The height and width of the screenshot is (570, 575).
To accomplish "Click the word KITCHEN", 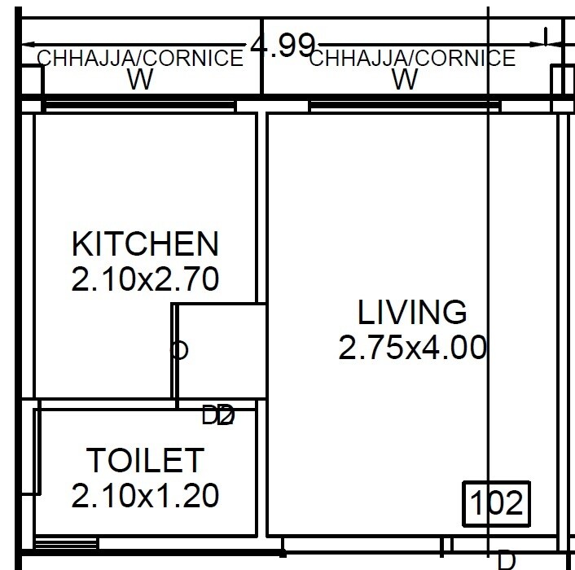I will tap(145, 243).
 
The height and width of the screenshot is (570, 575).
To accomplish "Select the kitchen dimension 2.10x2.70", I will tap(145, 279).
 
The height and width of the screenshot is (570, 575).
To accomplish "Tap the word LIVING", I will tap(412, 312).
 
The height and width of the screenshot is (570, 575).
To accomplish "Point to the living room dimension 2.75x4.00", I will tap(412, 348).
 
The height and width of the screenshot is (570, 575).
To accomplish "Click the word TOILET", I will tap(145, 460).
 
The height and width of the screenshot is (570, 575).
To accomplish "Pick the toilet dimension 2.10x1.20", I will tap(145, 495).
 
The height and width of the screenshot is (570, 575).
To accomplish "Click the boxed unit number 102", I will tap(496, 503).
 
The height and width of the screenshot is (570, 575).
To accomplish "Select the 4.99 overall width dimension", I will tap(283, 46).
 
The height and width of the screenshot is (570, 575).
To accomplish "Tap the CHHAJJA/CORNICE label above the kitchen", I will tap(140, 59).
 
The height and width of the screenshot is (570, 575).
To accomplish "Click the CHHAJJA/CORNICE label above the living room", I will tap(412, 59).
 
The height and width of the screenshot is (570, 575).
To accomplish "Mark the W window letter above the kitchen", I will tap(140, 80).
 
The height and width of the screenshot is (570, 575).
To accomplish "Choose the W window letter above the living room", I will tap(405, 80).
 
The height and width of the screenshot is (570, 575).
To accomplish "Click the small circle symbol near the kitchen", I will tap(179, 350).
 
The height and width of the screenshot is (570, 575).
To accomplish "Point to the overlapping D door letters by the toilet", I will tap(218, 415).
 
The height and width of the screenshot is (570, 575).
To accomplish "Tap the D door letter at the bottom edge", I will tap(506, 560).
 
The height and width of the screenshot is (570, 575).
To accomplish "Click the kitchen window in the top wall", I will tap(140, 106).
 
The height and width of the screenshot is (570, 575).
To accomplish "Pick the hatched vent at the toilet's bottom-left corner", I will tap(67, 542).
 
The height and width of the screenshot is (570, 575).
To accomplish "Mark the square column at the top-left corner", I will tap(31, 81).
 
